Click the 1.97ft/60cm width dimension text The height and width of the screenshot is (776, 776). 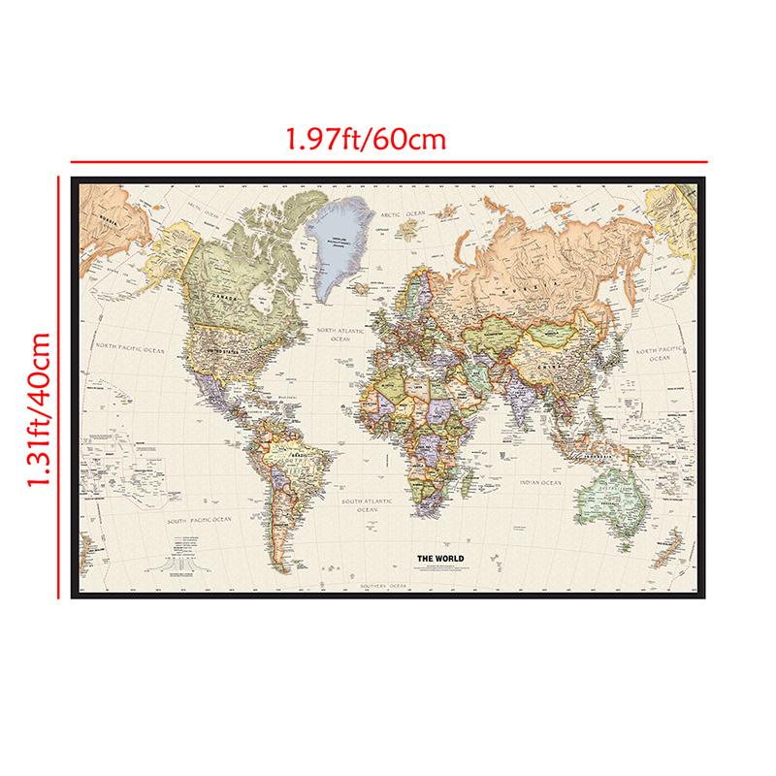point(365,140)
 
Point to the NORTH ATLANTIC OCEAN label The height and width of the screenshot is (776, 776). point(339,335)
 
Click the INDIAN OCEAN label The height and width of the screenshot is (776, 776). point(539,482)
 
